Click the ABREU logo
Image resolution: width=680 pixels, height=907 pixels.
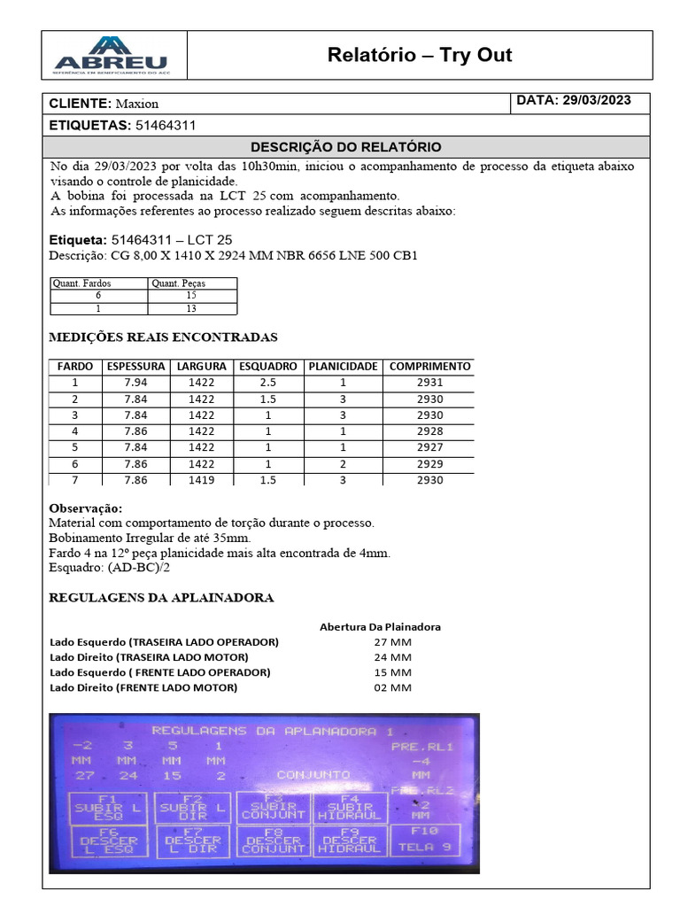[x=110, y=55]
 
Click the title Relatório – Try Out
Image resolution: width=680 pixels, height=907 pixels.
[x=419, y=55]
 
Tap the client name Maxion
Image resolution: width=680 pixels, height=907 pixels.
[x=136, y=104]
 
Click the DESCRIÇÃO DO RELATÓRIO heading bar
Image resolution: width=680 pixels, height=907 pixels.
[x=345, y=147]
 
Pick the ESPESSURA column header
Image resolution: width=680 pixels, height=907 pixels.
[x=135, y=366]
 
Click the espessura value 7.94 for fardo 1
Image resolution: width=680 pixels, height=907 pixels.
[x=135, y=383]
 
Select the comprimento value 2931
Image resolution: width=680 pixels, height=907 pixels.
[x=429, y=383]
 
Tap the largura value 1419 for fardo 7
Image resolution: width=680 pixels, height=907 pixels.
[x=201, y=479]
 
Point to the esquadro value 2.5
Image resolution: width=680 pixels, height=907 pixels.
[x=268, y=383]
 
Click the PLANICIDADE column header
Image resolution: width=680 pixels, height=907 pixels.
[x=344, y=366]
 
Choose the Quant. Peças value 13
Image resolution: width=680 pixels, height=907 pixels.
[x=191, y=308]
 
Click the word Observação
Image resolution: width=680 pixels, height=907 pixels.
[x=86, y=508]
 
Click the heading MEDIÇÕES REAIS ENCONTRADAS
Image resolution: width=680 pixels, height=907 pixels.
[x=163, y=337]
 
